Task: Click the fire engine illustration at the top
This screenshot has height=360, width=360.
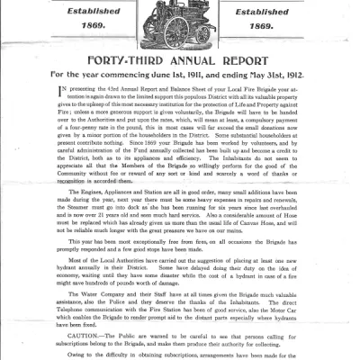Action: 181,25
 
